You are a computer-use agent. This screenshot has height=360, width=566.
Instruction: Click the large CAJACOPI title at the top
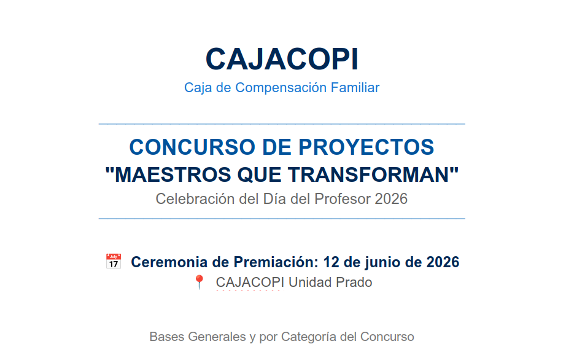pyautogui.click(x=282, y=59)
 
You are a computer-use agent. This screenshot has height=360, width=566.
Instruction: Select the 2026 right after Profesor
pyautogui.click(x=391, y=199)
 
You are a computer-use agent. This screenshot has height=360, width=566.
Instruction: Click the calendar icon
pyautogui.click(x=114, y=262)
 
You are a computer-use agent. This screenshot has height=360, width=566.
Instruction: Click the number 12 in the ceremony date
pyautogui.click(x=331, y=262)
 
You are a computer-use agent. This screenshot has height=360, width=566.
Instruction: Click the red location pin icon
pyautogui.click(x=199, y=283)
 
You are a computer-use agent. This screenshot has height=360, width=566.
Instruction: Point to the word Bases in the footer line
pyautogui.click(x=166, y=337)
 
